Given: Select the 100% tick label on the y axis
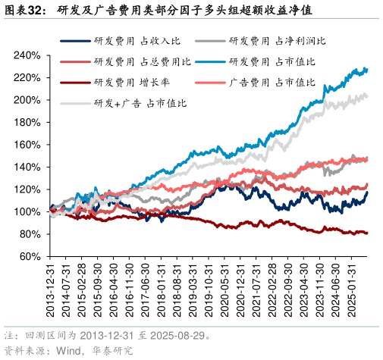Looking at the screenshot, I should pyautogui.click(x=27, y=211).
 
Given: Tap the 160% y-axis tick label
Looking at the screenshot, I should pyautogui.click(x=27, y=145).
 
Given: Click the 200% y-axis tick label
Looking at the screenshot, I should pyautogui.click(x=27, y=100).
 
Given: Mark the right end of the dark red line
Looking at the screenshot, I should pyautogui.click(x=368, y=233).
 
